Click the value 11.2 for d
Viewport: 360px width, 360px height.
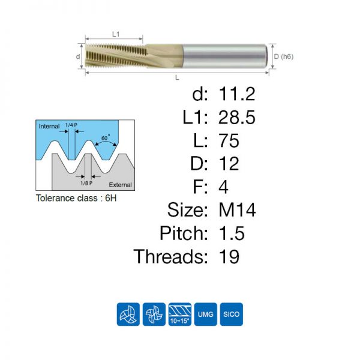237,94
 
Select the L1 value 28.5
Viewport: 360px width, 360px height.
237,117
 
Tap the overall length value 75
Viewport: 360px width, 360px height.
229,140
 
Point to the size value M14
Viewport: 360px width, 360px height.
237,210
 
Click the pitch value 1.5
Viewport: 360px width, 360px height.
232,233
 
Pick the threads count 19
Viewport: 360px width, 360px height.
229,256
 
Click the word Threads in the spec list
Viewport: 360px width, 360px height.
171,256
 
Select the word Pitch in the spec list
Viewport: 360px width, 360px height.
184,233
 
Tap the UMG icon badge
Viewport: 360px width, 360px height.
205,314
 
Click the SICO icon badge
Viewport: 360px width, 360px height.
231,314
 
